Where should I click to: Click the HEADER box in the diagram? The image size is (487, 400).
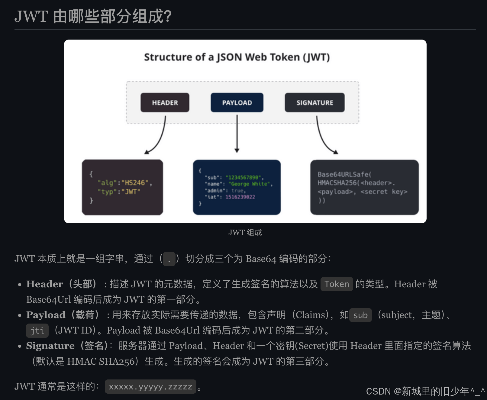click(165, 103)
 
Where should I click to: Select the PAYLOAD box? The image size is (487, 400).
click(237, 103)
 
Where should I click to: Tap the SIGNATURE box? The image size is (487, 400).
click(314, 103)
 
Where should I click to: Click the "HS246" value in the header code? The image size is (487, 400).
click(135, 183)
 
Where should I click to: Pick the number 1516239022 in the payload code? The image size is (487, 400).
click(240, 197)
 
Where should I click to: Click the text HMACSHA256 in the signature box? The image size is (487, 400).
click(337, 183)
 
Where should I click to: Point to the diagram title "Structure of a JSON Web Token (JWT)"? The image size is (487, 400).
click(237, 57)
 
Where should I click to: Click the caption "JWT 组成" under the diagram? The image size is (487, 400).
click(245, 232)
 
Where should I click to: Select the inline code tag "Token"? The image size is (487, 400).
click(337, 284)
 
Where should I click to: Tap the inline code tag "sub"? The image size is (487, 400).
click(360, 315)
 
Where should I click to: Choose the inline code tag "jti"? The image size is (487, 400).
click(37, 331)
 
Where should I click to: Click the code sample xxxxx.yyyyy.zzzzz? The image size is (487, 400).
click(150, 387)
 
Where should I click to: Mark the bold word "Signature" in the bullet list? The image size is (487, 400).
click(50, 346)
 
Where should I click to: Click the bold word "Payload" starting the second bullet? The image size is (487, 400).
click(46, 315)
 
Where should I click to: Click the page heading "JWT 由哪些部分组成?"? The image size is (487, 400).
click(93, 16)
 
